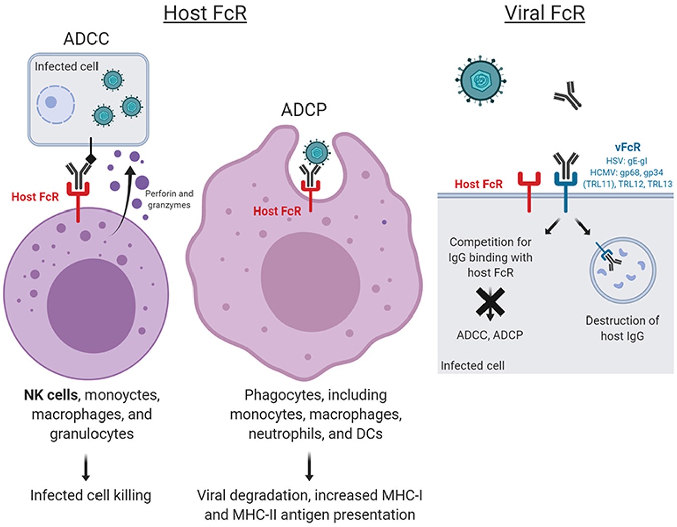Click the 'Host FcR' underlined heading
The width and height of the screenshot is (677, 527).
point(205,13)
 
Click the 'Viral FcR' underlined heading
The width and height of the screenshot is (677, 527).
point(544,13)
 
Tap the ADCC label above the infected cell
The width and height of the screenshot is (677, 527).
point(86,39)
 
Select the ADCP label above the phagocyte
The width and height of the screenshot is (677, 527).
point(304,110)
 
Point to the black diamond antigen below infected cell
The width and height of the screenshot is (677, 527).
point(91,159)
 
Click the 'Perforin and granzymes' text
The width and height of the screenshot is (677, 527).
point(169,199)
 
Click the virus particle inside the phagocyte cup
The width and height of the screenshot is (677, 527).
point(317,153)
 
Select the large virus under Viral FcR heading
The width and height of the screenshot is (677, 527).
point(481,80)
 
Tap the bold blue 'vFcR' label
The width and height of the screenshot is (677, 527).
point(627,147)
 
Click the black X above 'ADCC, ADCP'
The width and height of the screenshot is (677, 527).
point(490,302)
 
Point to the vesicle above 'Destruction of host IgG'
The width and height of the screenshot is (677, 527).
point(622,270)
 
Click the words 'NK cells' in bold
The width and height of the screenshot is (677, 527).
point(50,395)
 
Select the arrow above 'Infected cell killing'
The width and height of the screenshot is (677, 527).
point(86,467)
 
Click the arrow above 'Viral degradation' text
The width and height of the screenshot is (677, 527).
point(309,466)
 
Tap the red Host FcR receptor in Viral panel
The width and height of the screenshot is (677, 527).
point(529,190)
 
